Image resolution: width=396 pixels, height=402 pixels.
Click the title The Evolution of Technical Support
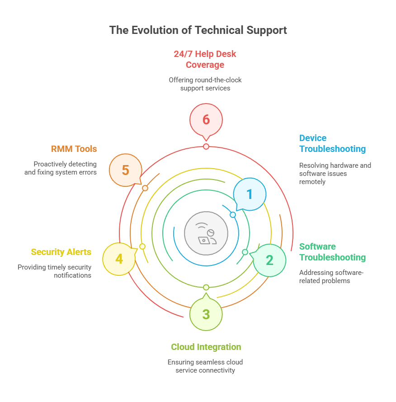[198, 30]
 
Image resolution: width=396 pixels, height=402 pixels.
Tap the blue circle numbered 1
[250, 194]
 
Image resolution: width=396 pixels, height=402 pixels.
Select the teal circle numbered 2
[269, 260]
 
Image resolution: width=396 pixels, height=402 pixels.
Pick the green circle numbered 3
[206, 314]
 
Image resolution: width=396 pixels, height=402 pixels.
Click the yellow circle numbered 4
[119, 259]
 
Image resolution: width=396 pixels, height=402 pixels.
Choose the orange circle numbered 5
[126, 170]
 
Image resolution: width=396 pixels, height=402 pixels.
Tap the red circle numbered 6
[206, 120]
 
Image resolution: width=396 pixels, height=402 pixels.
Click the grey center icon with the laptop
[206, 233]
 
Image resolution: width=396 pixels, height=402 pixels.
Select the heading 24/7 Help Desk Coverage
[205, 59]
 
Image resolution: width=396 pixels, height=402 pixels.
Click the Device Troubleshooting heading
[332, 143]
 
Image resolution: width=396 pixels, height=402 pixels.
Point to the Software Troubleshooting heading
[332, 252]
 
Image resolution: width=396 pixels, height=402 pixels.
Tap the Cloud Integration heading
[206, 347]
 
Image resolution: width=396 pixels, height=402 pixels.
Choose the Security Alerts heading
[61, 252]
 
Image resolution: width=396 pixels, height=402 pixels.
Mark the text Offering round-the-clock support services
[205, 84]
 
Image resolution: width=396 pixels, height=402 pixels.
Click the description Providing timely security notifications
[54, 271]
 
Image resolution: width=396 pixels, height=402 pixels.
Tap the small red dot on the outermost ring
[206, 147]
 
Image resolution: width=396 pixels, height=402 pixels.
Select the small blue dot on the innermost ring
[233, 215]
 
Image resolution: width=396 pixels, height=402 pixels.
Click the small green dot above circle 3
[206, 288]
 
